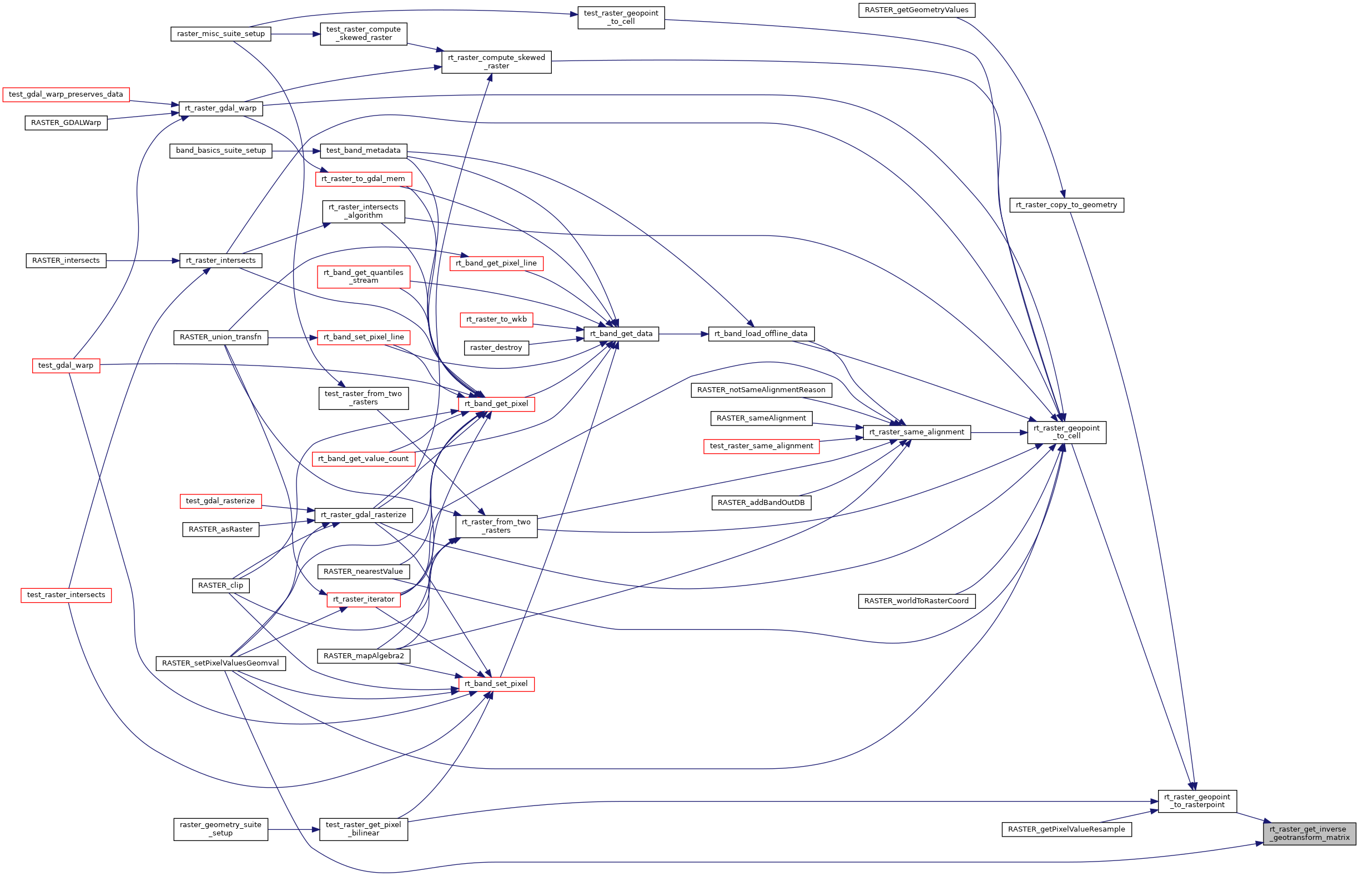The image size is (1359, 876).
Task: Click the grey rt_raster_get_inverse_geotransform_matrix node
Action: point(1309,833)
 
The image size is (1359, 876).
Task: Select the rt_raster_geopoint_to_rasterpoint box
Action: point(1196,801)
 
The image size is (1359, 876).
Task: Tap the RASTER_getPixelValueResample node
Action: point(1066,829)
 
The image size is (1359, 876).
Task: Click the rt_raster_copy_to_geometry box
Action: point(1066,205)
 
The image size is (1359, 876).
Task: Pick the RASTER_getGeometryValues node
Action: point(916,10)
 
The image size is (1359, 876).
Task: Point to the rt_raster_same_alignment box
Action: point(916,432)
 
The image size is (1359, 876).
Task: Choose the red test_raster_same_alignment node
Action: point(761,446)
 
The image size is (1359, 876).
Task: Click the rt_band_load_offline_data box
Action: point(761,334)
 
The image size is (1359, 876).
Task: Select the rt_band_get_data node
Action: point(621,334)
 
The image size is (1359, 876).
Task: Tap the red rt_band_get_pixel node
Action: point(496,404)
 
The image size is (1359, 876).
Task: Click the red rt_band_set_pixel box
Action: point(496,684)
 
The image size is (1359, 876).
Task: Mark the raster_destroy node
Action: point(496,348)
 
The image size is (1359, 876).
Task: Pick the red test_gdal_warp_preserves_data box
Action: point(66,94)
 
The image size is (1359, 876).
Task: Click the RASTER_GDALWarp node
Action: point(66,123)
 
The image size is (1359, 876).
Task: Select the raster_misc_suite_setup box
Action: point(220,34)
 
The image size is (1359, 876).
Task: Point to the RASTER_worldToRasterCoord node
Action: point(916,600)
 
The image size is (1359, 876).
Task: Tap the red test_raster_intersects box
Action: point(66,595)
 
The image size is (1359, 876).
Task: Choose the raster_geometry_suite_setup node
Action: point(220,829)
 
